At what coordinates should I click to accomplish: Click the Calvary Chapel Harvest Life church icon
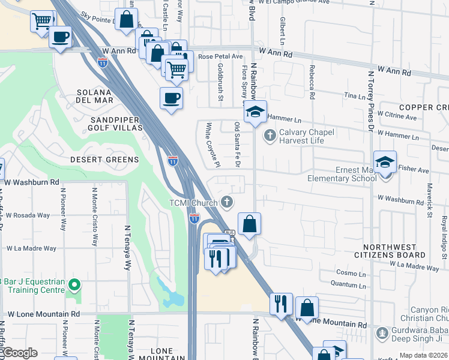click(x=270, y=136)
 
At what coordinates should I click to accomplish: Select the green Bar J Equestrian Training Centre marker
click(x=74, y=284)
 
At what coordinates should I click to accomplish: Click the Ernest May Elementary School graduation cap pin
click(x=385, y=163)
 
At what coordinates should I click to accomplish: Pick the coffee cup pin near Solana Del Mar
click(x=171, y=98)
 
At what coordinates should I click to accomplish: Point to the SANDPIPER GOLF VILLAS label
click(x=116, y=124)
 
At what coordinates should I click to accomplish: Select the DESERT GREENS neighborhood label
click(x=104, y=160)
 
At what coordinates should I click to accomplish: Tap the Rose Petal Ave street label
click(x=220, y=56)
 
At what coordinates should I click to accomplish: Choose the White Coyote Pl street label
click(x=210, y=145)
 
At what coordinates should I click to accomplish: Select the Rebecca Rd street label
click(x=312, y=82)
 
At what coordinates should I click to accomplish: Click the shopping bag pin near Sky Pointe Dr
click(x=127, y=20)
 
